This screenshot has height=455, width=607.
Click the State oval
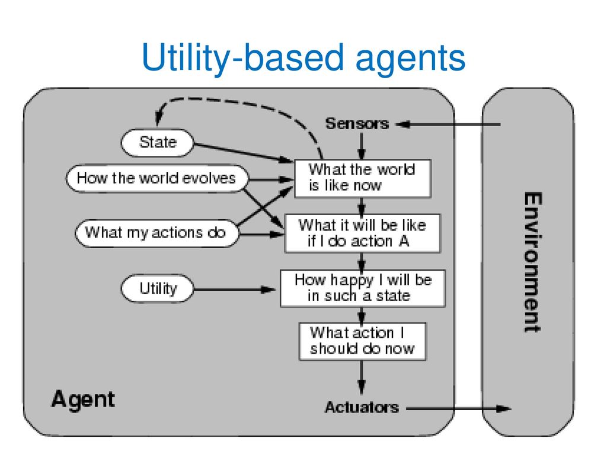tap(157, 143)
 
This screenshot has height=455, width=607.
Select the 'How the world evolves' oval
tap(157, 178)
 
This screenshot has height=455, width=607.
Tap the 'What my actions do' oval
tap(156, 233)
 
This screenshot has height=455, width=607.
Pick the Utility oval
tap(157, 289)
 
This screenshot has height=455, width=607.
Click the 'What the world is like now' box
tap(363, 178)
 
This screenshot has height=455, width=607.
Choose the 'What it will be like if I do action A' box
tap(362, 233)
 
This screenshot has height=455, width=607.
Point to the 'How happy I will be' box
tap(363, 289)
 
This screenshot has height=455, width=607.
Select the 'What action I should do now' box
tap(362, 342)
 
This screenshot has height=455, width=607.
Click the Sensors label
tap(357, 124)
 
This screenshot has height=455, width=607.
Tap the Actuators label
tap(362, 408)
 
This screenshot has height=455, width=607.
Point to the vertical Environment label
tap(533, 262)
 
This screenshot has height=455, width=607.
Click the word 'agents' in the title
tap(410, 58)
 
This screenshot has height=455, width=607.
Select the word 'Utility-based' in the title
tap(243, 57)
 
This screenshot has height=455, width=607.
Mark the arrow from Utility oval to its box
tap(235, 289)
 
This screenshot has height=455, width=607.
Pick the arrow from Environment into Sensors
tap(448, 124)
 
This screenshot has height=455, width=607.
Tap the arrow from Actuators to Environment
tap(459, 408)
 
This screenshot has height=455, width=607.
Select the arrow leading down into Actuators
tap(362, 378)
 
